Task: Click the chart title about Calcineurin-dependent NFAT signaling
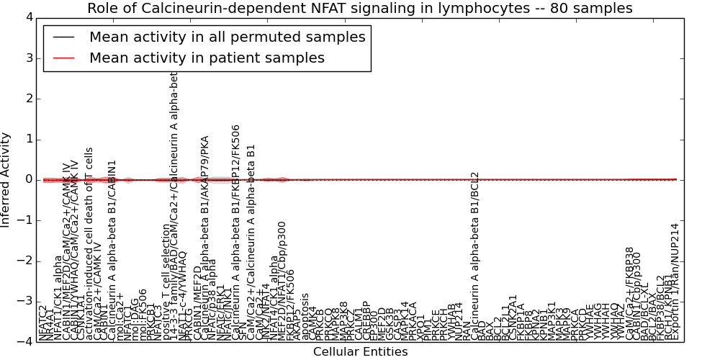[359, 9]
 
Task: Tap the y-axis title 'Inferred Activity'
[6, 180]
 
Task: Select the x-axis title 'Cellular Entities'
[360, 352]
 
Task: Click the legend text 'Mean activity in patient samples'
[207, 58]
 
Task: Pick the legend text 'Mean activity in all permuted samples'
[227, 37]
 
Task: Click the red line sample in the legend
[63, 58]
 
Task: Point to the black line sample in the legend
[63, 37]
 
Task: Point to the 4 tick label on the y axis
[28, 17]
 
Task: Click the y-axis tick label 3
[28, 58]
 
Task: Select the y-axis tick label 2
[28, 99]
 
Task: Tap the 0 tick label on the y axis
[28, 180]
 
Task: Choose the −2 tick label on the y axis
[25, 261]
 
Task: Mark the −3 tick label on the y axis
[25, 302]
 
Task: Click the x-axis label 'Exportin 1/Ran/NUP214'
[675, 281]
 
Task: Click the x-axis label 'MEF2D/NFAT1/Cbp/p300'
[282, 281]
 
